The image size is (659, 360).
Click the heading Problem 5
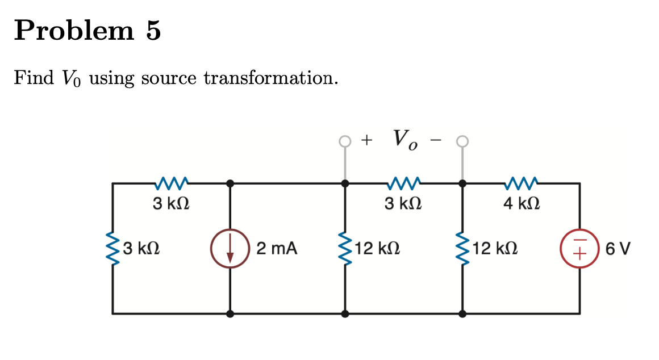pyautogui.click(x=87, y=30)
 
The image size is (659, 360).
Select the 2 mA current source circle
pyautogui.click(x=230, y=249)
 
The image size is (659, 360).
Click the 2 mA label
pyautogui.click(x=277, y=249)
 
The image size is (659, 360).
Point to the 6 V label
pyautogui.click(x=619, y=249)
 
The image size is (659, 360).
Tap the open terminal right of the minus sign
pyautogui.click(x=462, y=140)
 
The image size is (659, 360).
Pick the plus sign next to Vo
pyautogui.click(x=368, y=139)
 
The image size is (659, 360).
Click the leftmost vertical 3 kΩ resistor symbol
pyautogui.click(x=112, y=249)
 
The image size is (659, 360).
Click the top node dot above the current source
pyautogui.click(x=230, y=183)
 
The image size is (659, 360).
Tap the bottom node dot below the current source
pyautogui.click(x=230, y=313)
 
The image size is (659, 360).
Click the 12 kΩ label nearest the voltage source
pyautogui.click(x=494, y=249)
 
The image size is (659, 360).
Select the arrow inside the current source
pyautogui.click(x=230, y=250)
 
